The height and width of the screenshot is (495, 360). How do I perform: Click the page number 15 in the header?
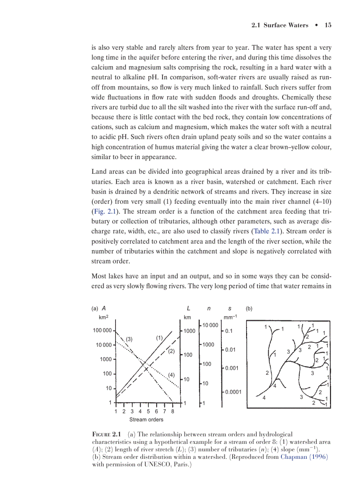pyautogui.click(x=328, y=25)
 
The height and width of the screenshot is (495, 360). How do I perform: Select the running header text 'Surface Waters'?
pyautogui.click(x=286, y=25)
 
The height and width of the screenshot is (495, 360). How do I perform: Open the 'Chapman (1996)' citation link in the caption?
pyautogui.click(x=304, y=457)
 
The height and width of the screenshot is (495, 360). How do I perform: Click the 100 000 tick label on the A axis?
pyautogui.click(x=101, y=330)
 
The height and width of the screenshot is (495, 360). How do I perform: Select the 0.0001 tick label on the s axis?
pyautogui.click(x=233, y=391)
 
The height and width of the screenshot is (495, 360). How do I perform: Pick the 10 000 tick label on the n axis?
pyautogui.click(x=210, y=325)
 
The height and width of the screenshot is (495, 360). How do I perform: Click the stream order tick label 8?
pyautogui.click(x=172, y=411)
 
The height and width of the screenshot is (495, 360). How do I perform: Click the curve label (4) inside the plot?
pyautogui.click(x=172, y=375)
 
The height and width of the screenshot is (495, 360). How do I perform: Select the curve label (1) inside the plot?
pyautogui.click(x=160, y=338)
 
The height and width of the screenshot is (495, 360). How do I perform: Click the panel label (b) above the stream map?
pyautogui.click(x=249, y=309)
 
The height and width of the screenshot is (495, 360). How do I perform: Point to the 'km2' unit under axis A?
pyautogui.click(x=103, y=317)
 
